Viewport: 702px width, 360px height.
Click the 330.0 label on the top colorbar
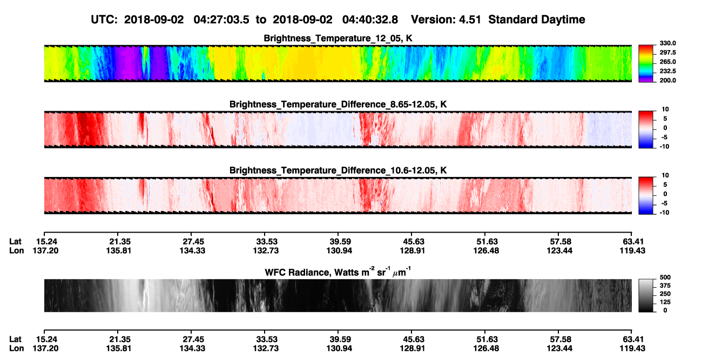pos(667,43)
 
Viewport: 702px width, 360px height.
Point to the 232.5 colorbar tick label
pos(667,71)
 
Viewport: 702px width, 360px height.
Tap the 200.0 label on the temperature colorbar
pos(667,80)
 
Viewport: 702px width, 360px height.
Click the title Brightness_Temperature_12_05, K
pos(338,38)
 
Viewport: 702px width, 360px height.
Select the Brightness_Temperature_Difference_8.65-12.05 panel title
pos(338,104)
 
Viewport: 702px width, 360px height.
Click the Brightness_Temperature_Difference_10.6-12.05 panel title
pos(338,171)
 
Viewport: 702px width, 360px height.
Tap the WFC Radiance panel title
pos(338,271)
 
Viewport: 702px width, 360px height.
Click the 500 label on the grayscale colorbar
pos(665,277)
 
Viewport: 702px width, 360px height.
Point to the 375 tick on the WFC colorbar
pos(665,286)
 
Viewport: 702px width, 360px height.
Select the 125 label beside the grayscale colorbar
pos(665,302)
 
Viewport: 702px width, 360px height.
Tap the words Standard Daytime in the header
pos(537,19)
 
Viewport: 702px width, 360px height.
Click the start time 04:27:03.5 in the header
pos(221,19)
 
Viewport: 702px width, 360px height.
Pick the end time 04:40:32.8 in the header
pos(370,19)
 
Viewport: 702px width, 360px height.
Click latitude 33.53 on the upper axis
pos(267,242)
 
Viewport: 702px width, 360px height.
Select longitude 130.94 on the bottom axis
pos(339,348)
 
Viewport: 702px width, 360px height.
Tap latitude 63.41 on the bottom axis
pos(633,339)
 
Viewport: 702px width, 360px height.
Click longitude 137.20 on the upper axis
pos(45,250)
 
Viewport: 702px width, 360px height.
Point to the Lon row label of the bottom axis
pos(17,348)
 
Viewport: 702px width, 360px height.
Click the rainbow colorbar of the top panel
pos(646,64)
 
